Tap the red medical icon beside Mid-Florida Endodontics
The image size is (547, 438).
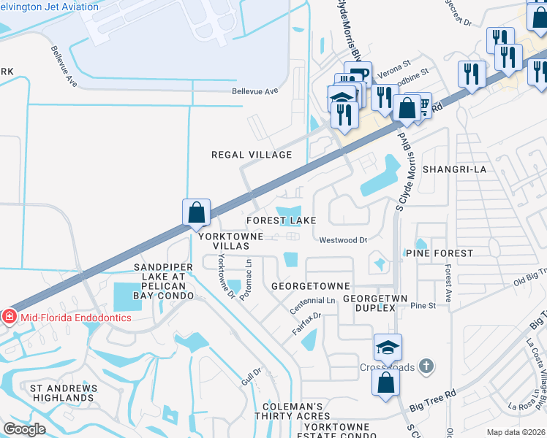click(9, 317)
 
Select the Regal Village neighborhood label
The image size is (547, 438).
click(252, 155)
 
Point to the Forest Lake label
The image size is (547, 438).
click(282, 220)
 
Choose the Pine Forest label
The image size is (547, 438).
click(439, 253)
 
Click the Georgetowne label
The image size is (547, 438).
click(310, 285)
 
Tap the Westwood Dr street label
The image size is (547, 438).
click(342, 239)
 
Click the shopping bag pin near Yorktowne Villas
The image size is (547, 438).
click(197, 212)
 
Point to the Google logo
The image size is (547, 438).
click(24, 430)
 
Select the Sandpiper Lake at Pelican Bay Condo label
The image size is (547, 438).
click(164, 281)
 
